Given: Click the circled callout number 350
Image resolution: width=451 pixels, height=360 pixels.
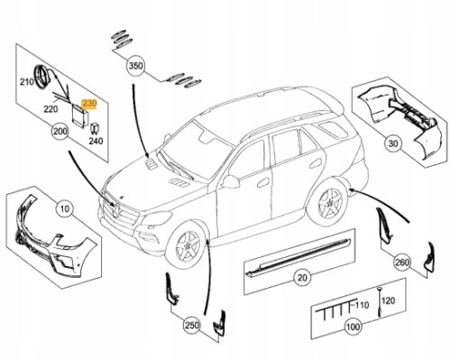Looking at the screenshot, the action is coord(135,66).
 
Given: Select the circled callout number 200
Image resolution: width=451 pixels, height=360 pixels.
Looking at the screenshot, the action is coord(60,132).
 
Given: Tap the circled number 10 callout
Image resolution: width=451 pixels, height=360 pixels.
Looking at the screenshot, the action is coord(65,208).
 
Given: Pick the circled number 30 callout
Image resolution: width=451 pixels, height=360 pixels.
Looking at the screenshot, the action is coord(393,143).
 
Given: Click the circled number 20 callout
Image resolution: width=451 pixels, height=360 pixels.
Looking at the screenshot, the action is coord(302,277).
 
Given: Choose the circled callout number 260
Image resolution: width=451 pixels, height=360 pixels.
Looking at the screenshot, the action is coord(402,263).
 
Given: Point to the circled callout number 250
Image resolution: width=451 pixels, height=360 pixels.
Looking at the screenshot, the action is coord(192,325).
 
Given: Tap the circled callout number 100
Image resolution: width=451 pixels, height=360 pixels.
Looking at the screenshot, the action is coord(353,327).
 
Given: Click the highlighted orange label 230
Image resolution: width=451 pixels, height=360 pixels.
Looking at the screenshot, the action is coord(89,104).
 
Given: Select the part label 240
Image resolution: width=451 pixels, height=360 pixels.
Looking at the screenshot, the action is coord(96,141).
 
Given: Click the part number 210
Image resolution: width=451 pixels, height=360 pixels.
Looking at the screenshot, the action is coord(27,82).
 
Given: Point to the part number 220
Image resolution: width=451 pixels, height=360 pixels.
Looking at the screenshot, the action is coord(51,109).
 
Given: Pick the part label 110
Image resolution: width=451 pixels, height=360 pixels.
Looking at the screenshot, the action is coord(362,305).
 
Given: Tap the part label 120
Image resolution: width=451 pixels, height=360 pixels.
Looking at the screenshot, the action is coord(389,300).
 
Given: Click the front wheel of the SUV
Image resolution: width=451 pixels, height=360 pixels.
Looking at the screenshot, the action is coord(186,245).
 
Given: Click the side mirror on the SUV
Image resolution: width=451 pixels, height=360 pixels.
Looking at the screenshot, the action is coord(231,181).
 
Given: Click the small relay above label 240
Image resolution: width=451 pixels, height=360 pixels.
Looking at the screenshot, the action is coord(93,128).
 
